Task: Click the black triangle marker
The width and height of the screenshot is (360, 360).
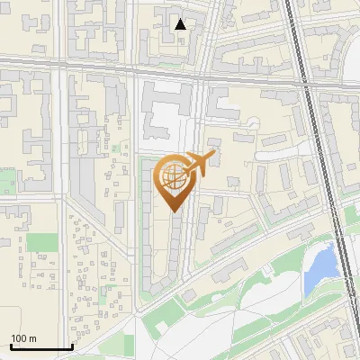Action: pos(181,24)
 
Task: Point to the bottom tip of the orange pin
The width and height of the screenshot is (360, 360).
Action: pos(175,212)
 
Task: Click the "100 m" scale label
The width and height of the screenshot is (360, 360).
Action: pos(23,338)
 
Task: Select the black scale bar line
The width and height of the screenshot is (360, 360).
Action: pos(40,347)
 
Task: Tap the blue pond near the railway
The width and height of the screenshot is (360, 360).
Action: pos(319,268)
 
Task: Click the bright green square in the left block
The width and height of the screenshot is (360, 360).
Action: pos(41,242)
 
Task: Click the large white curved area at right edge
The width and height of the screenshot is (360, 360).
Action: pos(352,67)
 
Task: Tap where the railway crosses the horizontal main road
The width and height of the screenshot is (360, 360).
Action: pos(301,71)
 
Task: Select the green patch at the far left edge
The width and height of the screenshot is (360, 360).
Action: pos(7,180)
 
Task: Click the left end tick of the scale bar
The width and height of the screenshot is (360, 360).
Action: pos(10,346)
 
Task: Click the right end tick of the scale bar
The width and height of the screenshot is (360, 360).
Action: pos(72,346)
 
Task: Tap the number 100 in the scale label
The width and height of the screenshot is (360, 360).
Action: pos(19,338)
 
